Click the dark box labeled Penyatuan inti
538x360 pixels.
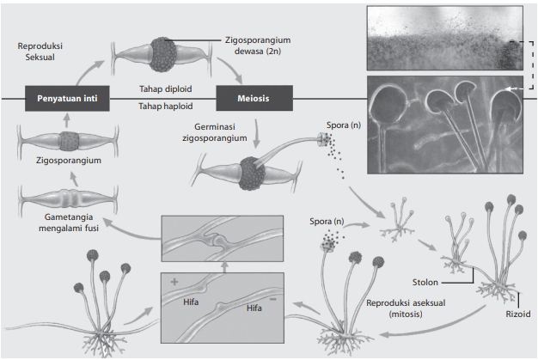point(67,98)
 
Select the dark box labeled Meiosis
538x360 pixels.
point(253,98)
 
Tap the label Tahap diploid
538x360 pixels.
point(166,88)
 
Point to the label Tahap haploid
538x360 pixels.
point(166,107)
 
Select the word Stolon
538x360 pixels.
point(428,281)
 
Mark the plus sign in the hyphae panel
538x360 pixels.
point(174,281)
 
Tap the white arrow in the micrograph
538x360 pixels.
point(514,88)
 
